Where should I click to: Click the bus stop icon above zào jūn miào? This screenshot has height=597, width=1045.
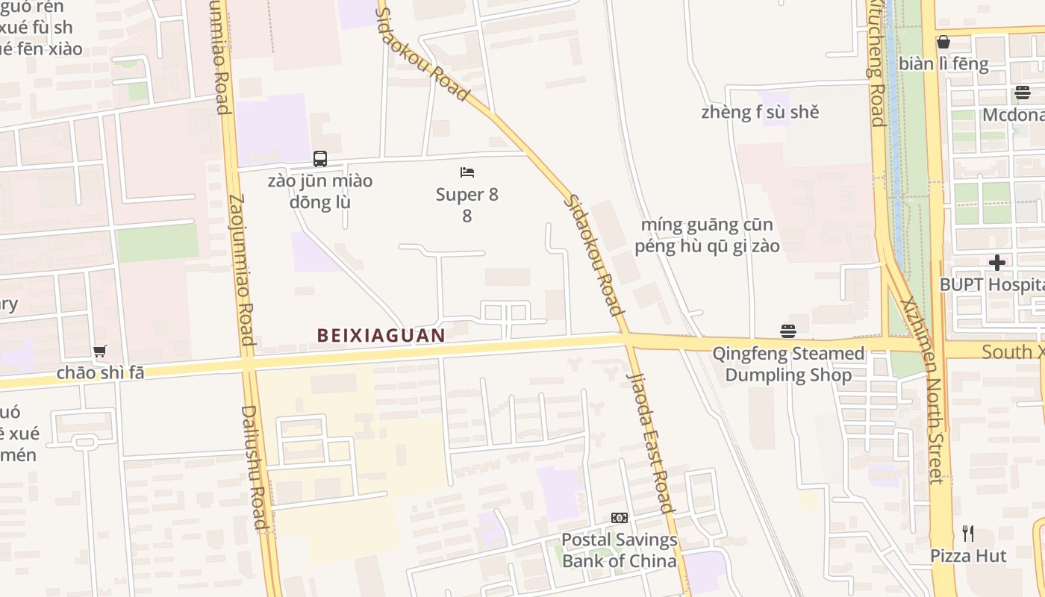(x=320, y=159)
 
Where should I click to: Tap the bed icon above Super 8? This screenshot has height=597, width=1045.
(x=467, y=172)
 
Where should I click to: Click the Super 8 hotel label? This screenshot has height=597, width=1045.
(x=467, y=204)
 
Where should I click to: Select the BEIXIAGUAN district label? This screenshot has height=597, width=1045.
(x=381, y=336)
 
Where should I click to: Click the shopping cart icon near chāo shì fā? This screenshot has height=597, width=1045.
(x=99, y=351)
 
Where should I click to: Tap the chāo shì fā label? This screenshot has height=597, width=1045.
(x=100, y=372)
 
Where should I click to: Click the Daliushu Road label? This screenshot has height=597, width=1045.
(x=254, y=467)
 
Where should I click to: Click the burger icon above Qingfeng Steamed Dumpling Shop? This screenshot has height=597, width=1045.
(x=788, y=331)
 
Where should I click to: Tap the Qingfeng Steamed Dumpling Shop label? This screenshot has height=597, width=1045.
(x=788, y=364)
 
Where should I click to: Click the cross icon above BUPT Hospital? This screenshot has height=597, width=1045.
(x=997, y=263)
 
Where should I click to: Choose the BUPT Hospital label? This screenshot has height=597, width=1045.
(x=991, y=285)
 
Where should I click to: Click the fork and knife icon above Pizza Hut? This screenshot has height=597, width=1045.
(x=968, y=534)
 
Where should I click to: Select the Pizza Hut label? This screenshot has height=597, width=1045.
(x=968, y=556)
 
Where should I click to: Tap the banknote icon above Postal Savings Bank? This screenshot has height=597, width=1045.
(x=620, y=518)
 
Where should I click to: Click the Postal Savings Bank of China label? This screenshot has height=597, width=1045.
(x=620, y=550)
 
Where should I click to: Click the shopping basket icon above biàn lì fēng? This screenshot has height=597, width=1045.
(x=943, y=42)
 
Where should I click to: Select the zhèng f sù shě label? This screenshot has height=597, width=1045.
(x=760, y=113)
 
